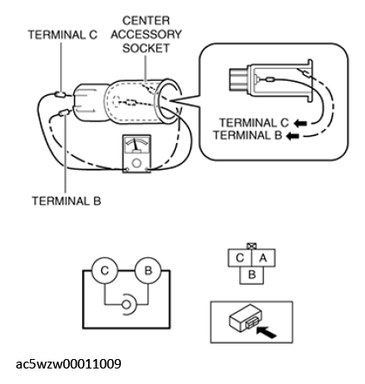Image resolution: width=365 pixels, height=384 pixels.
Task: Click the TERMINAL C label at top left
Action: pos(63,35)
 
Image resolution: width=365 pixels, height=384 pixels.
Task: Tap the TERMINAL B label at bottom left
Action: pos(66,201)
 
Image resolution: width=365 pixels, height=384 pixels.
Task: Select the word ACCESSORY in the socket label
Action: pos(146,34)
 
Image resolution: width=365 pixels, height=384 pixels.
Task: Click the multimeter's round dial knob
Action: pos(136,163)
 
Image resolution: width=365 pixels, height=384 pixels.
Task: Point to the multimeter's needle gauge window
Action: pos(136,145)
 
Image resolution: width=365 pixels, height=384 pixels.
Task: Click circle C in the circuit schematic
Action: pos(104,270)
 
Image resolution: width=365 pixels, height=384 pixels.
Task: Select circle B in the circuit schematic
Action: pos(148,270)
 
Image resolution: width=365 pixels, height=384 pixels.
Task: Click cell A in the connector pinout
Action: pos(263,258)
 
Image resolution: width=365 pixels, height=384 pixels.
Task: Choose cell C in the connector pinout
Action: pos(240,258)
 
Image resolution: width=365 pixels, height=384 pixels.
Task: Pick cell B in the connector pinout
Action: pos(252,276)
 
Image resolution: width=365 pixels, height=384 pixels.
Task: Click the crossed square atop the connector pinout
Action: pos(252,246)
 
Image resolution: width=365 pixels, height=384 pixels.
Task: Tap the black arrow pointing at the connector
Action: pos(266,331)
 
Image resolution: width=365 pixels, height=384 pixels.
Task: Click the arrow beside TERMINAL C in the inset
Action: pos(300,123)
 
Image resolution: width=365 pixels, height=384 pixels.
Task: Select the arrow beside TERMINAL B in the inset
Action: pos(293,136)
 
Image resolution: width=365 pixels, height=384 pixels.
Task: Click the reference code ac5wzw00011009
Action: pos(68,364)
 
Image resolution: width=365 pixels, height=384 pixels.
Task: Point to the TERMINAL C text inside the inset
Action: pos(254,123)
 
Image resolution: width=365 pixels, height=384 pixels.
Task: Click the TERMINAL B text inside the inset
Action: pos(248,135)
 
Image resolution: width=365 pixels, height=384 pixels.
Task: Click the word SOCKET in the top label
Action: pos(146,48)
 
